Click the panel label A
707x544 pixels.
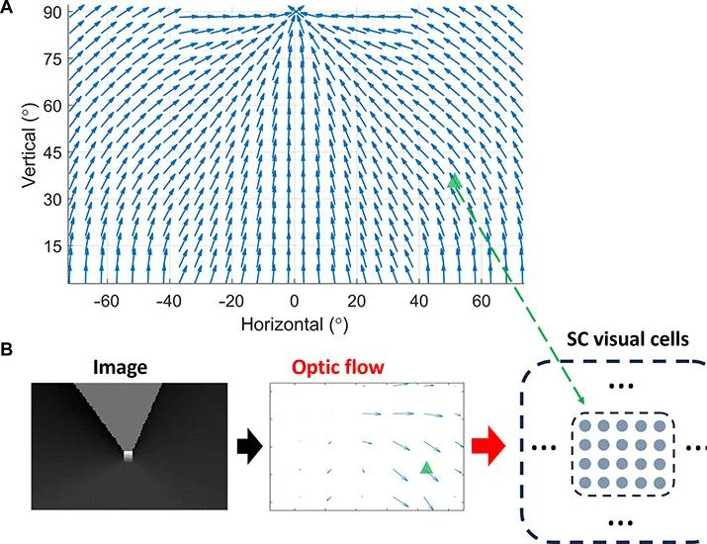6,7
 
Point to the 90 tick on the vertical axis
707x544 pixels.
51,13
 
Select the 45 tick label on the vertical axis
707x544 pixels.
51,152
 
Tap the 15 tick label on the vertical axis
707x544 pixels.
51,246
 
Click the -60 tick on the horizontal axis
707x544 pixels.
107,301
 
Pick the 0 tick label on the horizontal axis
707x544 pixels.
295,301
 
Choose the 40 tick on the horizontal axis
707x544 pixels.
419,301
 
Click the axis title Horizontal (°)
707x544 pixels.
295,324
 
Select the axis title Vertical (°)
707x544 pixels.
29,146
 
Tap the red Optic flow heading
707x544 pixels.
338,367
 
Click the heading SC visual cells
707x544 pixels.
628,338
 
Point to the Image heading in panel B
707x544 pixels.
120,368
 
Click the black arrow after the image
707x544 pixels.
249,446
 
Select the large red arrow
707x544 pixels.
488,446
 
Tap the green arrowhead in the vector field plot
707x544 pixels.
454,180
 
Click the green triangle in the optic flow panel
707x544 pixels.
425,468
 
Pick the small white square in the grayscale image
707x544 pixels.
129,455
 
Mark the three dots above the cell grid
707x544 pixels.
621,386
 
